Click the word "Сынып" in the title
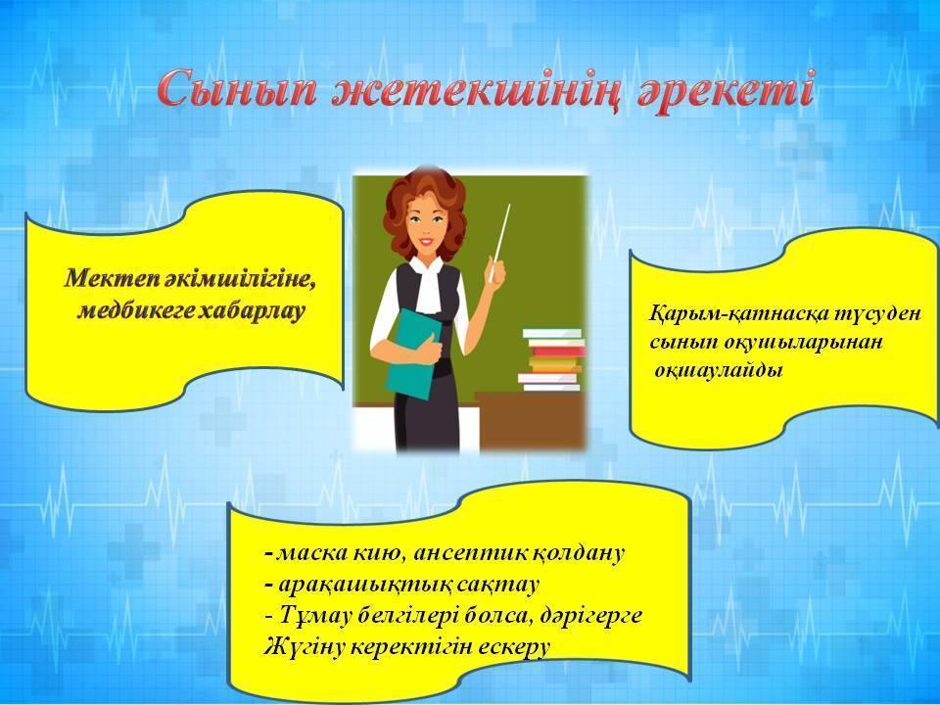coord(236,89)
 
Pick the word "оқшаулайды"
coord(719,370)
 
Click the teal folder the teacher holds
coord(411,353)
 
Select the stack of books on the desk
coord(551,359)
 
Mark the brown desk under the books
coord(531,421)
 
